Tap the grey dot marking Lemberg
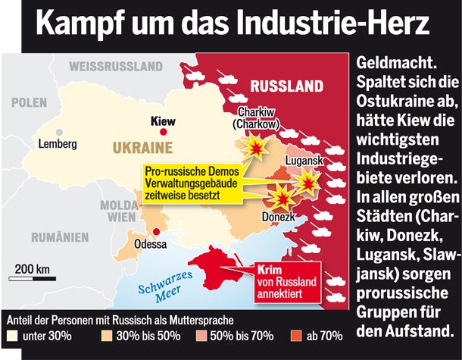point(59,133)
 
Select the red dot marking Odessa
point(155,232)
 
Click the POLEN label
point(29,102)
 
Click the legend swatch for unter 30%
point(13,335)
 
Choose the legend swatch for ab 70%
point(296,335)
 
